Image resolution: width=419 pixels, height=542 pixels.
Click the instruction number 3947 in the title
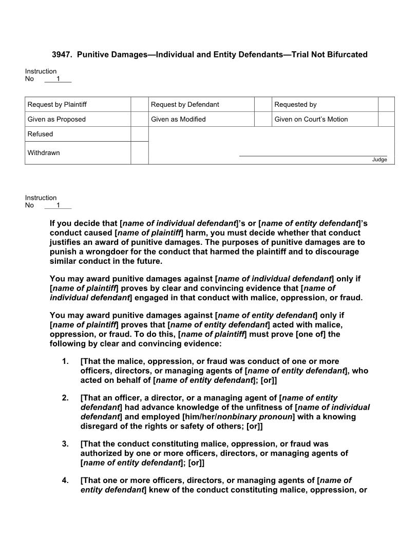62,54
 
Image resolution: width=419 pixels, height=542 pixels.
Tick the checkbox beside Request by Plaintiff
139,104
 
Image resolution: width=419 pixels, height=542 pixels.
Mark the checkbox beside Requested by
386,104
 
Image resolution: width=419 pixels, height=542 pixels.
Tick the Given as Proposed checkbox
139,119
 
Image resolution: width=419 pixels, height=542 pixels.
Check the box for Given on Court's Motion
386,119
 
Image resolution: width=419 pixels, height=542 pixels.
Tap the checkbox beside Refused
139,134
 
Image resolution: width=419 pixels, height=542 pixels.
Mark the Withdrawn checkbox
139,153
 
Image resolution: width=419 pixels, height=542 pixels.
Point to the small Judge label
379,160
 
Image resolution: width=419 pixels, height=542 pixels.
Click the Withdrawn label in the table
44,153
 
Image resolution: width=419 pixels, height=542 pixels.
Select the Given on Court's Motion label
311,119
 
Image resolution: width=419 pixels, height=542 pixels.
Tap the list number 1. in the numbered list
65,361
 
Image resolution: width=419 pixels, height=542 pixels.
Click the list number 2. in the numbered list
65,398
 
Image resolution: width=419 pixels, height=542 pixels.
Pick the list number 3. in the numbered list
65,444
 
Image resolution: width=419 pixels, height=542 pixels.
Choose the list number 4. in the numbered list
65,481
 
